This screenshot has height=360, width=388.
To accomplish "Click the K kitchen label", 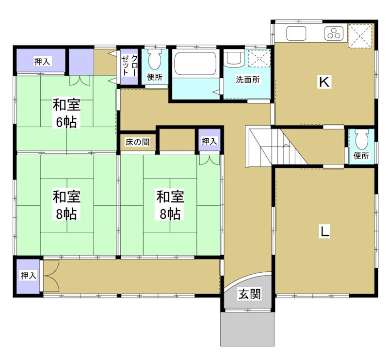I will click(x=324, y=82).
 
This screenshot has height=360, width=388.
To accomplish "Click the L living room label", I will click(x=324, y=231).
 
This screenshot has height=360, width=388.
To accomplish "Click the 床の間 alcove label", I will click(x=137, y=143).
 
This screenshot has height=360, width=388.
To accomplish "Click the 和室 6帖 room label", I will click(x=66, y=113).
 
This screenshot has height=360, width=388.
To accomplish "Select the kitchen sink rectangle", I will click(x=296, y=33).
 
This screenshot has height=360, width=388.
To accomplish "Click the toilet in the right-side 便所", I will click(x=361, y=140).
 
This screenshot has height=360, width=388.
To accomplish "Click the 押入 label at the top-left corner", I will click(x=42, y=62).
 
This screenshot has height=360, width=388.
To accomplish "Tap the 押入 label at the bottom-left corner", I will click(x=28, y=275).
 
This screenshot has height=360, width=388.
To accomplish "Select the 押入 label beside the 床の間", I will click(x=209, y=141).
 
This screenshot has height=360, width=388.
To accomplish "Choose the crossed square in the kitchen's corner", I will click(x=360, y=35).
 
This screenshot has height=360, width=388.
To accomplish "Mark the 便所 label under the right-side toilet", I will click(x=361, y=156).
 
